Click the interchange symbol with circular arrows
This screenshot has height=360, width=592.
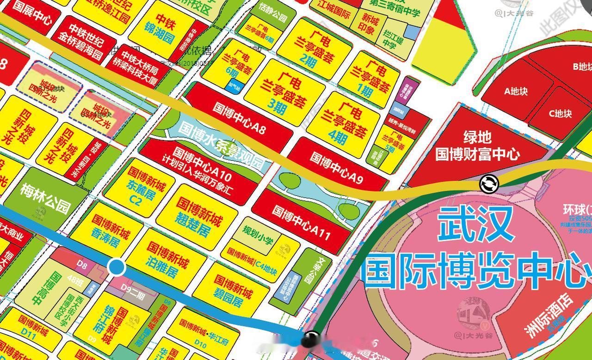[489, 184]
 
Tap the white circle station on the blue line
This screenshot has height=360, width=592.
[116, 267]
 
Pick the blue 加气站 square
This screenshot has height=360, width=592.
[233, 85]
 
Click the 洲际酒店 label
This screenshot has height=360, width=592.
[549, 316]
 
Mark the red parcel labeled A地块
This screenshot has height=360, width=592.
[516, 91]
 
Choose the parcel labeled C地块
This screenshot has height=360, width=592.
[560, 113]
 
